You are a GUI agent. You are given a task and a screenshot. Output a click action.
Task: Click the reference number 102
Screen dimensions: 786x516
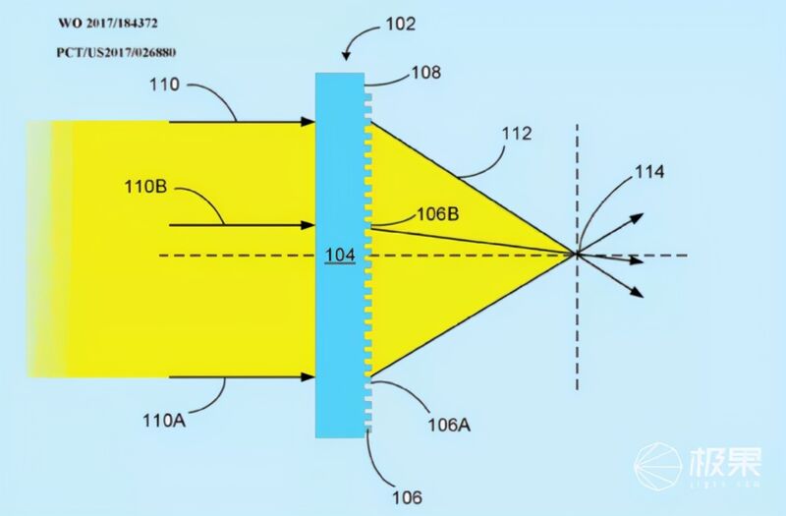[401, 24]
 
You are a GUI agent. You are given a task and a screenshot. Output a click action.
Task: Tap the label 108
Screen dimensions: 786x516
[426, 73]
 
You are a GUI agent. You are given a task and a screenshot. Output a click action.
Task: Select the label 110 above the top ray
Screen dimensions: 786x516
[164, 85]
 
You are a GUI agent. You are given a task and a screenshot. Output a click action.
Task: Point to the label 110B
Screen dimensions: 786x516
[145, 187]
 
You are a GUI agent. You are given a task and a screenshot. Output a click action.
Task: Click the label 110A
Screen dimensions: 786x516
[164, 421]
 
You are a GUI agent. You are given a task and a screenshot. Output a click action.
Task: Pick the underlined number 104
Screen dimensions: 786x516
[340, 256]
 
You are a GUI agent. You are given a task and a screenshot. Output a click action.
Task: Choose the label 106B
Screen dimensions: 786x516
[438, 214]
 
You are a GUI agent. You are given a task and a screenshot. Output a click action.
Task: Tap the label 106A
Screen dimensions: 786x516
[449, 426]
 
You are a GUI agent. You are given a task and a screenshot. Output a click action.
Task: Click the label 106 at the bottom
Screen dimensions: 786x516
[407, 497]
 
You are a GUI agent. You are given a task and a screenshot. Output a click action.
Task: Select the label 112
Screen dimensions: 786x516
[517, 134]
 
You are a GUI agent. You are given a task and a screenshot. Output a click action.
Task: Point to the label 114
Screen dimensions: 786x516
[649, 172]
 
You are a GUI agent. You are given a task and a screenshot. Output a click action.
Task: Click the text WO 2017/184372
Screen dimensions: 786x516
[108, 23]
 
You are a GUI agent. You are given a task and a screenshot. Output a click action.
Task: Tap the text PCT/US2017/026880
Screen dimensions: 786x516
[116, 52]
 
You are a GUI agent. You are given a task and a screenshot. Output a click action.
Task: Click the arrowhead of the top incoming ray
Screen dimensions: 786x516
[308, 121]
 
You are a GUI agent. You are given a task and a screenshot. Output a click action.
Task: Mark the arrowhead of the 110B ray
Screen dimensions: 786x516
[308, 225]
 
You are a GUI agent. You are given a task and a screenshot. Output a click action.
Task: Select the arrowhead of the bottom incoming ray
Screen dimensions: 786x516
[308, 376]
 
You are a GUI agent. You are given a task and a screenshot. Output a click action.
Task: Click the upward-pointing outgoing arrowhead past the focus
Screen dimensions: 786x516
[637, 218]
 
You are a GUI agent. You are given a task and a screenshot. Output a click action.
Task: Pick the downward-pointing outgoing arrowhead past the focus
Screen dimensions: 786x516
[637, 292]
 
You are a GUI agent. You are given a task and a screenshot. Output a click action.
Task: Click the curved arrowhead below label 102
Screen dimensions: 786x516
[346, 56]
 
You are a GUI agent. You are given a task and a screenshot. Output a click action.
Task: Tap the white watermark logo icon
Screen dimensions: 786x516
[657, 465]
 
